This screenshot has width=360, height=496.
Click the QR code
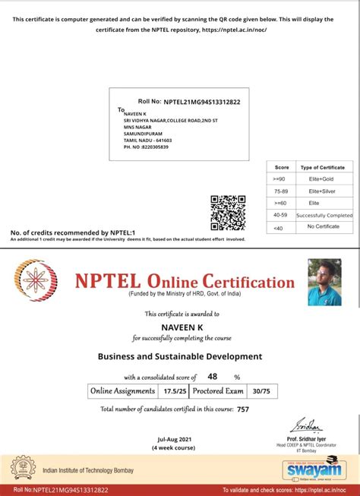(x=227, y=213)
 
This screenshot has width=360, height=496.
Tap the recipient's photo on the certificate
(x=324, y=282)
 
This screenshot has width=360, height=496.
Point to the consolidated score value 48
(x=213, y=376)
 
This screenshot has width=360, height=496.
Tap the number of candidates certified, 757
(x=242, y=409)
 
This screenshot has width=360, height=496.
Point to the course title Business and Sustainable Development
(x=180, y=356)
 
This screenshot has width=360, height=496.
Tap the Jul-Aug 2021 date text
(x=174, y=439)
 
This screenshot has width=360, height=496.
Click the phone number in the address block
(x=147, y=147)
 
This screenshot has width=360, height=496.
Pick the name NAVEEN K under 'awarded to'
(x=180, y=327)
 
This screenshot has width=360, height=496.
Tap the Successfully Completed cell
(x=325, y=215)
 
